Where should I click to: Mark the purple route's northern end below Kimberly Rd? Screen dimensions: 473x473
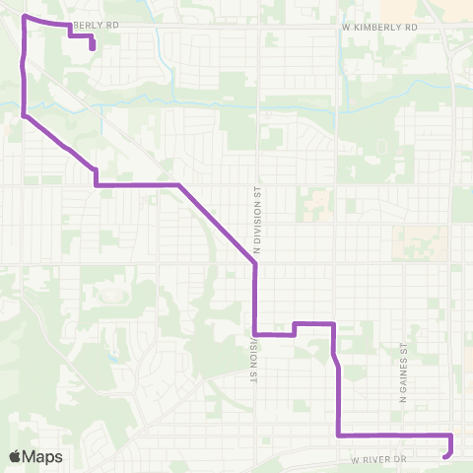coord(92,46)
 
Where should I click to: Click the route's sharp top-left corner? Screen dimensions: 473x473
coord(24,18)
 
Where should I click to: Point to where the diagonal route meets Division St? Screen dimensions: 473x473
coord(255,263)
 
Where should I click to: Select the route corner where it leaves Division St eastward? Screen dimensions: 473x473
coord(255,334)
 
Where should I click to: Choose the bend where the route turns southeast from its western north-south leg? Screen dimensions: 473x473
coord(24,115)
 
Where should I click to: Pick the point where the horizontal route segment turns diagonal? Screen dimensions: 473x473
coord(178,184)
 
